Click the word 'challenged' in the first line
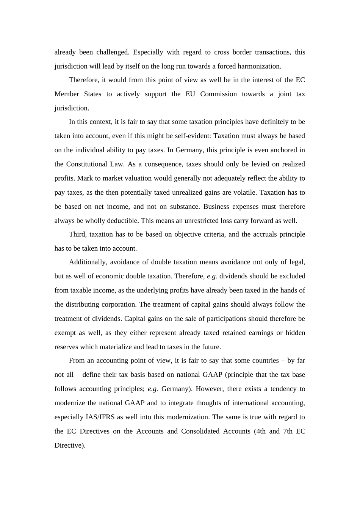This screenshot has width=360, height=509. click(x=111, y=52)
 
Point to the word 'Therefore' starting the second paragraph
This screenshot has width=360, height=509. click(x=85, y=80)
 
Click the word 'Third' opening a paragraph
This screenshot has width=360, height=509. click(x=78, y=234)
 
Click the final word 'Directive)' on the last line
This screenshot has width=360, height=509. click(x=70, y=445)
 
